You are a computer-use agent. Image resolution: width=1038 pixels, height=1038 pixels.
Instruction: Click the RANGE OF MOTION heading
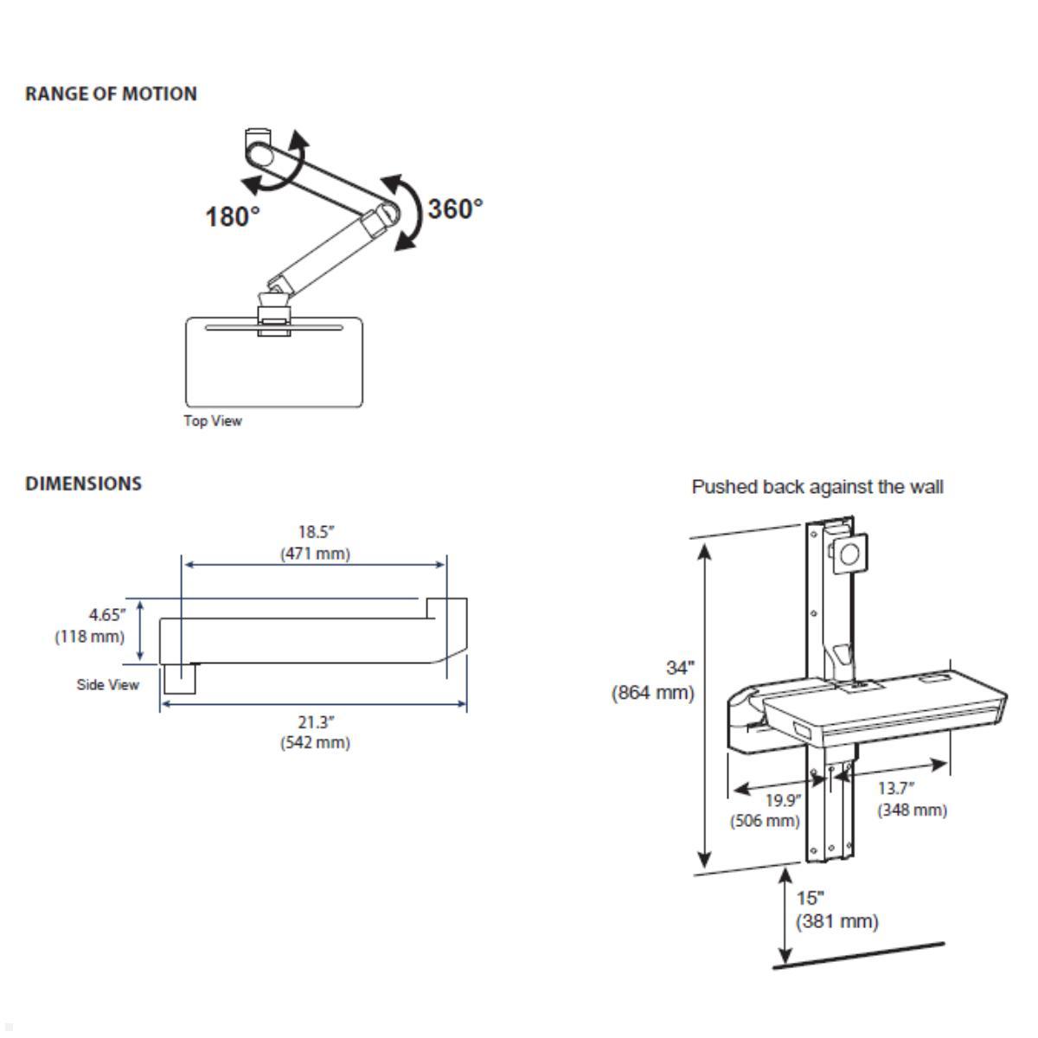pyautogui.click(x=111, y=93)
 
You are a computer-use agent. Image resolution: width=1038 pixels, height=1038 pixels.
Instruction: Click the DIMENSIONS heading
pyautogui.click(x=84, y=484)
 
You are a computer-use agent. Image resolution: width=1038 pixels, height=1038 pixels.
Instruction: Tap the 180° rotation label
pyautogui.click(x=232, y=216)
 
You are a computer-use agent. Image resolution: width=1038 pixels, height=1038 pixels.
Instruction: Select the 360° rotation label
pyautogui.click(x=455, y=208)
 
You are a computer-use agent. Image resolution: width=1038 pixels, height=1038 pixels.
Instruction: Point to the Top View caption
pyautogui.click(x=213, y=421)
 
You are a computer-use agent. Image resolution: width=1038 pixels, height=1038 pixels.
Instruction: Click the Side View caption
pyautogui.click(x=107, y=685)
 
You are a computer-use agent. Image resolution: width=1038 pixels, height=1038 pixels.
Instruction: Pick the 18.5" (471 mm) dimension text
pyautogui.click(x=315, y=543)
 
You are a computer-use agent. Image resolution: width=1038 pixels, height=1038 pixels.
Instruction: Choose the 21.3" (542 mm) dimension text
pyautogui.click(x=315, y=733)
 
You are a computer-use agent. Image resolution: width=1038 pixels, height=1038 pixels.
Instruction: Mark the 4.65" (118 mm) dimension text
pyautogui.click(x=91, y=626)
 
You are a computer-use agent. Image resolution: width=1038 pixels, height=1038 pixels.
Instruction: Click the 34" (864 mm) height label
pyautogui.click(x=654, y=680)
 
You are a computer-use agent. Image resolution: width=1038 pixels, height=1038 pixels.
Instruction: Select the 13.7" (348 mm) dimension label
pyautogui.click(x=912, y=799)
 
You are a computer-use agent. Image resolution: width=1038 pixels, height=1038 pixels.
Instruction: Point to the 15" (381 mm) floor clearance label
pyautogui.click(x=836, y=910)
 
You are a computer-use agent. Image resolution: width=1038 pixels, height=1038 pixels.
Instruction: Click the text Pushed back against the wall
pyautogui.click(x=817, y=487)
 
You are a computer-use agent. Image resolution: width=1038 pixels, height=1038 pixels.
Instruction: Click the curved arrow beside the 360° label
pyautogui.click(x=407, y=212)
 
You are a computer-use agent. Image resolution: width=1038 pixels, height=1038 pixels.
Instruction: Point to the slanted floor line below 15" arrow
pyautogui.click(x=858, y=955)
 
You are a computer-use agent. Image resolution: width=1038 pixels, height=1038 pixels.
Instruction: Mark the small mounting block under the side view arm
pyautogui.click(x=180, y=678)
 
